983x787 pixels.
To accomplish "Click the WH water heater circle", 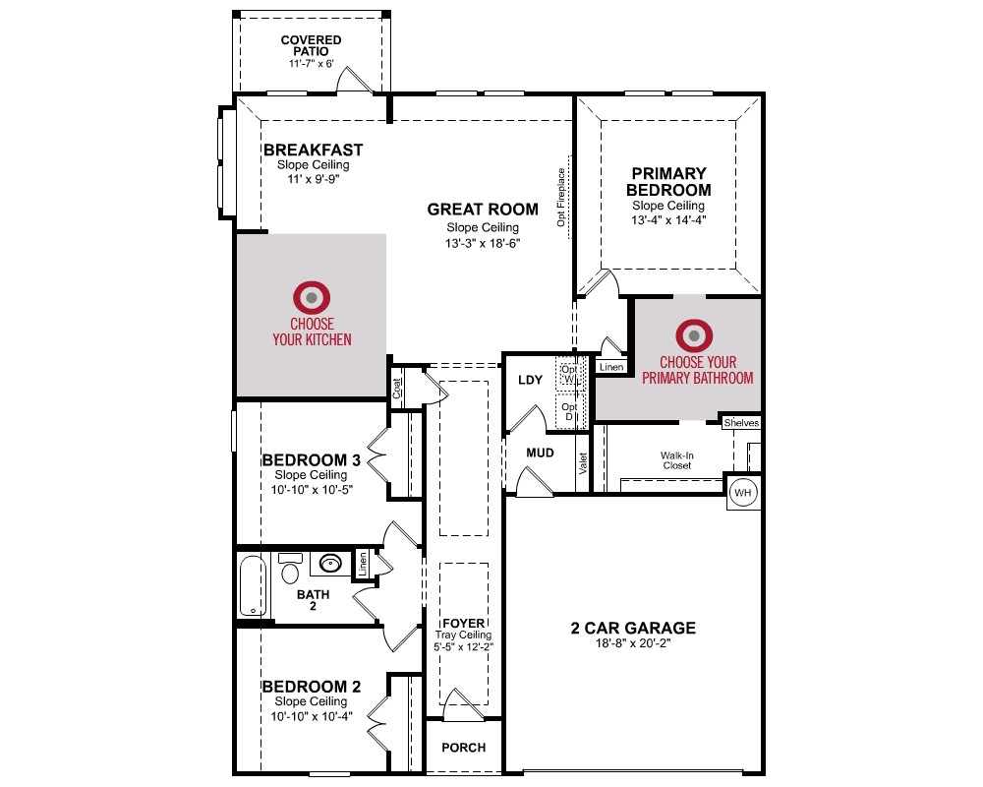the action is (x=743, y=492).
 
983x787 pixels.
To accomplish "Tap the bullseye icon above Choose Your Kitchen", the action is (x=312, y=297).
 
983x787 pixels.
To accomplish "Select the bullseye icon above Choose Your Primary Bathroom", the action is (x=694, y=335).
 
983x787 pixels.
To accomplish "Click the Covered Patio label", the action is (x=311, y=45).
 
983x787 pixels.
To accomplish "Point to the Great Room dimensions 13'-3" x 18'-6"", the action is (x=483, y=244).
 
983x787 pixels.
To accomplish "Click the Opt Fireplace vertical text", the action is (x=561, y=197).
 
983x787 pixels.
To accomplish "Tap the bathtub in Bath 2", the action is (x=253, y=585).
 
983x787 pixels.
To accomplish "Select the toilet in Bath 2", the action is (x=290, y=568).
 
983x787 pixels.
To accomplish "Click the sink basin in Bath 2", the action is (x=330, y=563).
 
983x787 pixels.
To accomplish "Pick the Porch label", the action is (x=463, y=748).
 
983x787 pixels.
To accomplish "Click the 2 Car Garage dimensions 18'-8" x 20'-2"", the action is (x=633, y=643).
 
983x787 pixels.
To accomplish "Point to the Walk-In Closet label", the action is (x=677, y=460).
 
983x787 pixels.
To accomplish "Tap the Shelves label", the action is (x=741, y=423).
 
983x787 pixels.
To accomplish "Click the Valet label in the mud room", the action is (x=583, y=463).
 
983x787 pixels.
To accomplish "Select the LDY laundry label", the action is (x=531, y=380).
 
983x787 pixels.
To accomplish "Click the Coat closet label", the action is (x=397, y=389).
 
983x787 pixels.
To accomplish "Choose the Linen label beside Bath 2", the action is (x=363, y=564).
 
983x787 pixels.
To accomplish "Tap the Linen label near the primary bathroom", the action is (x=611, y=367).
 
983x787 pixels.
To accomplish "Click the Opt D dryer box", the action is (x=570, y=412).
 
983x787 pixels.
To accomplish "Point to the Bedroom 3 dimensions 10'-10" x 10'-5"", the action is (x=312, y=490).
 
